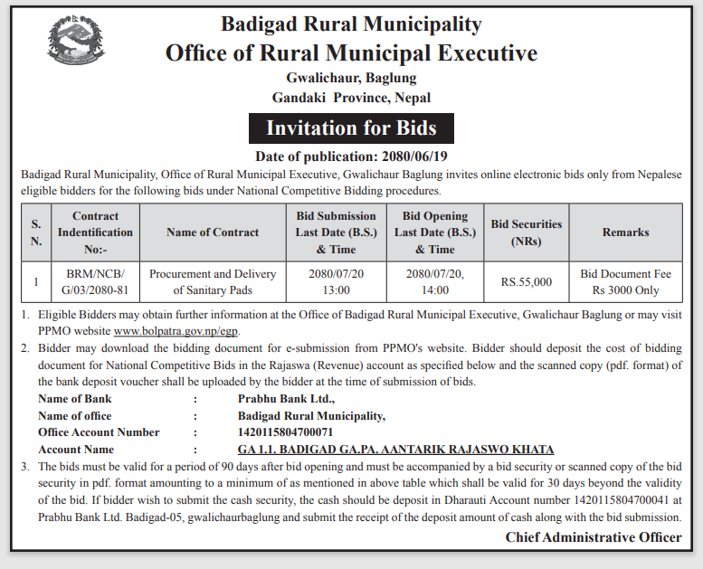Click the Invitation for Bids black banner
[x=351, y=128]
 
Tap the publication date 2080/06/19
[x=351, y=156]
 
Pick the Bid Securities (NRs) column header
[x=526, y=232]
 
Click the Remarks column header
[x=625, y=232]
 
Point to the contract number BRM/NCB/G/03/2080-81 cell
[x=96, y=281]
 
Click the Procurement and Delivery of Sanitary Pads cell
[x=213, y=281]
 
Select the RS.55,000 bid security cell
[x=526, y=282]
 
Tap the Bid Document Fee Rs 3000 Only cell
[x=625, y=281]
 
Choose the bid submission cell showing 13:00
[x=336, y=281]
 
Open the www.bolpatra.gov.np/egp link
[x=176, y=331]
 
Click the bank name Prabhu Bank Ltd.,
[x=287, y=398]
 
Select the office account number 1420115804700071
[x=285, y=432]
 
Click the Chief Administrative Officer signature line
[x=594, y=537]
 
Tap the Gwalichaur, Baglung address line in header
[x=351, y=79]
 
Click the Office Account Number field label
[x=99, y=432]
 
